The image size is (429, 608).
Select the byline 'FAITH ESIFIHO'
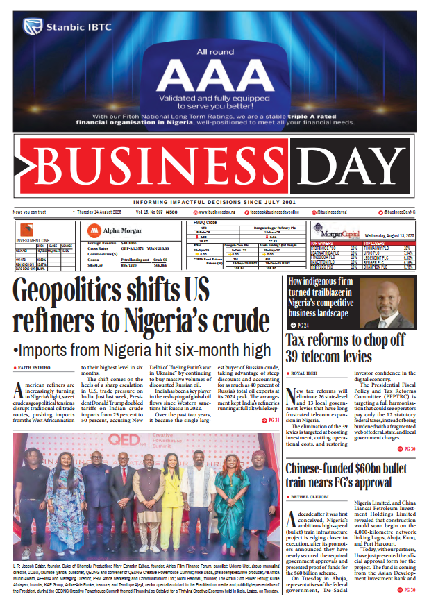34,366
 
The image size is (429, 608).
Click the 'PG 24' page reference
301,325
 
